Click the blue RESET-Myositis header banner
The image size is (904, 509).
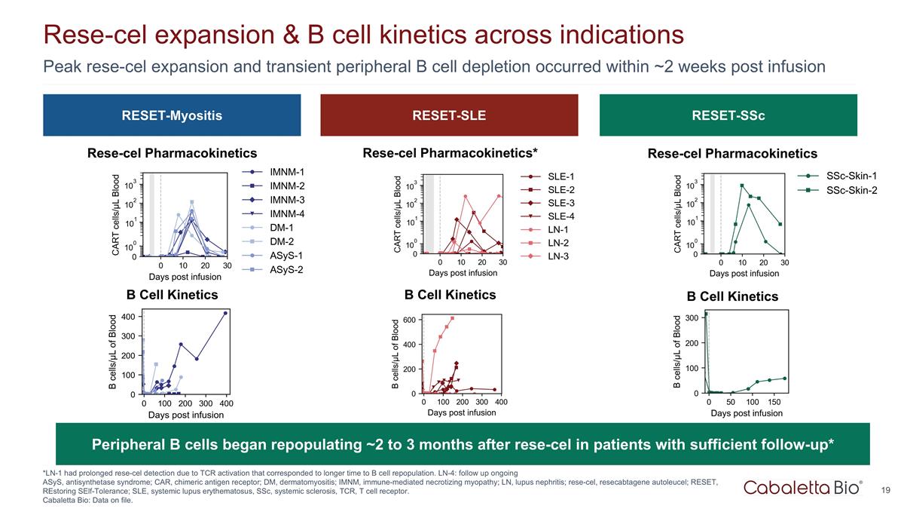(x=172, y=115)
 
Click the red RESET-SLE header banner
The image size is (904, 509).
(x=449, y=115)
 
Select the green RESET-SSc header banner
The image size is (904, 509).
(x=728, y=115)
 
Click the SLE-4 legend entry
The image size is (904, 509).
(x=560, y=216)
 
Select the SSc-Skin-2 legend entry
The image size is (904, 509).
(x=851, y=190)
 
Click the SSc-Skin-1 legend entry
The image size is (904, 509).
(x=851, y=176)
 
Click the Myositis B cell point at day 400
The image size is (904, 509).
(x=225, y=313)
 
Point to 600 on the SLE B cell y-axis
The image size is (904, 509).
(x=408, y=320)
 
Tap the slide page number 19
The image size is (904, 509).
(x=885, y=490)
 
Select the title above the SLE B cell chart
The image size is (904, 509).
(x=450, y=295)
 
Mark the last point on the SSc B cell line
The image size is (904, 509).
(x=784, y=379)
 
